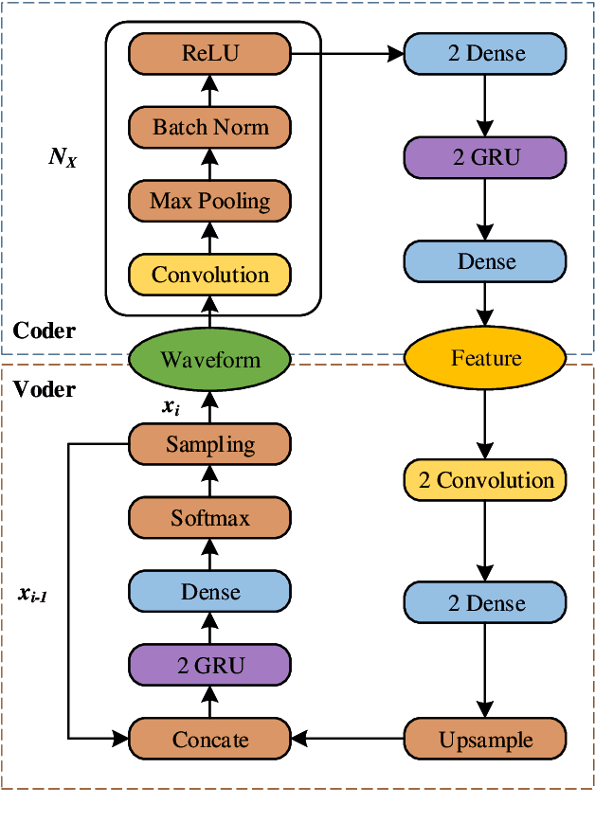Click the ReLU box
click(x=209, y=53)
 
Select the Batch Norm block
click(x=209, y=128)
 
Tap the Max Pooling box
click(x=209, y=201)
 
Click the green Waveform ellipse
click(x=209, y=359)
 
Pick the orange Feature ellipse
click(x=485, y=358)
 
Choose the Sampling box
click(x=209, y=444)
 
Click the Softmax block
click(x=209, y=518)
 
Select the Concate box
click(x=209, y=740)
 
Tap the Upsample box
click(x=485, y=740)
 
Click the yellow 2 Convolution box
click(x=485, y=480)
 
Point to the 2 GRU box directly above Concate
click(x=209, y=665)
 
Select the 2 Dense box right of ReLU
click(x=485, y=53)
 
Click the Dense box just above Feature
click(x=485, y=261)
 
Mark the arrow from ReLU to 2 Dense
click(x=347, y=53)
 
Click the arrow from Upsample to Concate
click(x=347, y=739)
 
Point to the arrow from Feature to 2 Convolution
click(x=485, y=424)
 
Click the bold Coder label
click(x=45, y=331)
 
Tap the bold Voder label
click(x=45, y=389)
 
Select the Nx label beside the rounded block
click(x=63, y=157)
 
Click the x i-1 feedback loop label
click(x=32, y=595)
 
